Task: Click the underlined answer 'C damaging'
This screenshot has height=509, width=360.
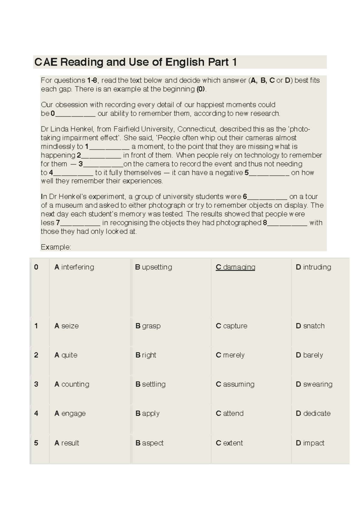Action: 235,267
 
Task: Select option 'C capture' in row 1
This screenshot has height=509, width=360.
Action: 231,326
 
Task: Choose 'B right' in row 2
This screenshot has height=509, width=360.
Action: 146,355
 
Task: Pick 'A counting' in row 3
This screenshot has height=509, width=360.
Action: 72,384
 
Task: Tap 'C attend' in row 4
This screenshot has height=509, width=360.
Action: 229,413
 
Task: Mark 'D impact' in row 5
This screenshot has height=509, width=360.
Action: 310,443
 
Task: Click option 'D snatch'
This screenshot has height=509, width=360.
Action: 310,326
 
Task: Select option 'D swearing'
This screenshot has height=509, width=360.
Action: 314,384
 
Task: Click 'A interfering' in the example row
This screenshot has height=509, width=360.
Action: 74,267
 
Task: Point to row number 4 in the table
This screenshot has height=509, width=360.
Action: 36,413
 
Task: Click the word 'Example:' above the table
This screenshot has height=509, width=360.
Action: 56,247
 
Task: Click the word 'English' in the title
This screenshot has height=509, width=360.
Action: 185,62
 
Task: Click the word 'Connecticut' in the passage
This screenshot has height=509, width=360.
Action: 196,129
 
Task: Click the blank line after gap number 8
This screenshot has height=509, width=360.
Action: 287,223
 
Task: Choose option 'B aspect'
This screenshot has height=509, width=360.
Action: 149,443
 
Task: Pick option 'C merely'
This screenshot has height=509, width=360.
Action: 230,355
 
